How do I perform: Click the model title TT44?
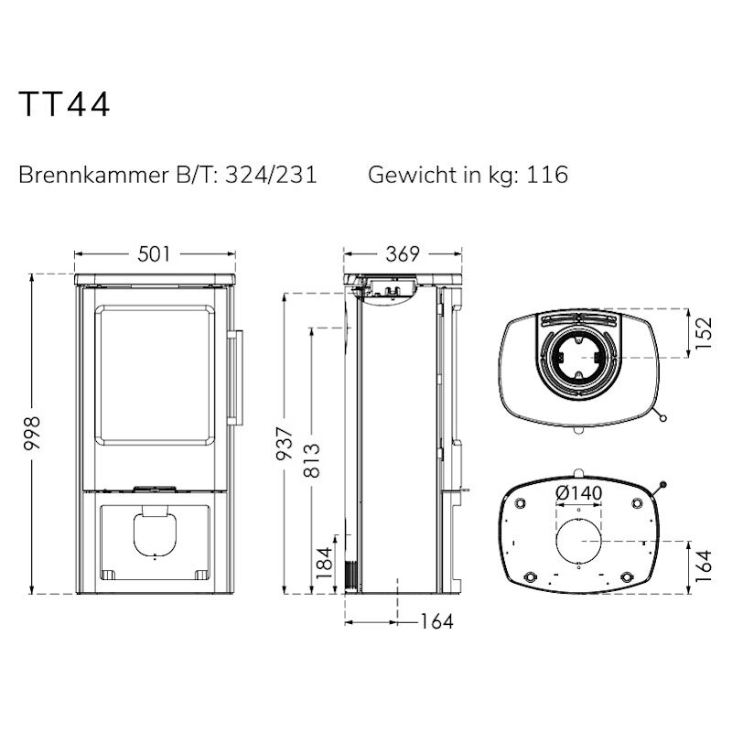pyautogui.click(x=64, y=103)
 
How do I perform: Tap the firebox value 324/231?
pyautogui.click(x=271, y=175)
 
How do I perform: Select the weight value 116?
pyautogui.click(x=547, y=175)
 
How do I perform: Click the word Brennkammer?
pyautogui.click(x=93, y=175)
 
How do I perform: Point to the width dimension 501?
pyautogui.click(x=155, y=254)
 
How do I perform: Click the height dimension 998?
pyautogui.click(x=32, y=433)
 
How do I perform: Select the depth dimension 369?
pyautogui.click(x=403, y=254)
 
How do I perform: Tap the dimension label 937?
pyautogui.click(x=285, y=443)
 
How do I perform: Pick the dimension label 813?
pyautogui.click(x=312, y=460)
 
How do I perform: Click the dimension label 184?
pyautogui.click(x=325, y=563)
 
